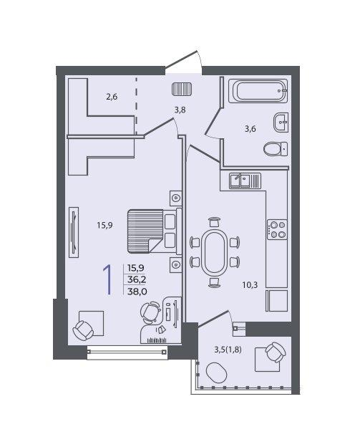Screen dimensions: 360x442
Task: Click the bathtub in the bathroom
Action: (x=258, y=91)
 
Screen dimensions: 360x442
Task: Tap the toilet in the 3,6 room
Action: (x=276, y=148)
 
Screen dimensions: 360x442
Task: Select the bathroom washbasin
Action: (x=281, y=122)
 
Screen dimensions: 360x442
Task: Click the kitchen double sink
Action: (x=245, y=181)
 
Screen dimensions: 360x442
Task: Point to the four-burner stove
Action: (x=277, y=229)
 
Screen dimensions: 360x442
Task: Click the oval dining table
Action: (x=215, y=251)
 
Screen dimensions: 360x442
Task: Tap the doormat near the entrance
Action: (x=182, y=89)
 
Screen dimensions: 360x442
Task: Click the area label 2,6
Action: (x=112, y=97)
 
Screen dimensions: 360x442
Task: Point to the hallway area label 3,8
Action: (x=180, y=110)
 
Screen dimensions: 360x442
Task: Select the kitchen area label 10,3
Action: (x=250, y=285)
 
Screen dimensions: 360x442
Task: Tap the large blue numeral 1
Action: (x=107, y=280)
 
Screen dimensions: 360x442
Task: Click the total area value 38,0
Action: (x=137, y=291)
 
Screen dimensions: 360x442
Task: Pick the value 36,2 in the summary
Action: (x=137, y=279)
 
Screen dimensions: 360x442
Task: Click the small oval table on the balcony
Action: (x=216, y=373)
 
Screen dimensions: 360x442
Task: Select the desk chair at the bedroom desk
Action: (x=150, y=312)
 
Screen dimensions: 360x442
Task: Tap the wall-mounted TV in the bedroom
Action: (x=74, y=232)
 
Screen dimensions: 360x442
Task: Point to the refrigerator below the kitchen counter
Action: (x=276, y=301)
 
